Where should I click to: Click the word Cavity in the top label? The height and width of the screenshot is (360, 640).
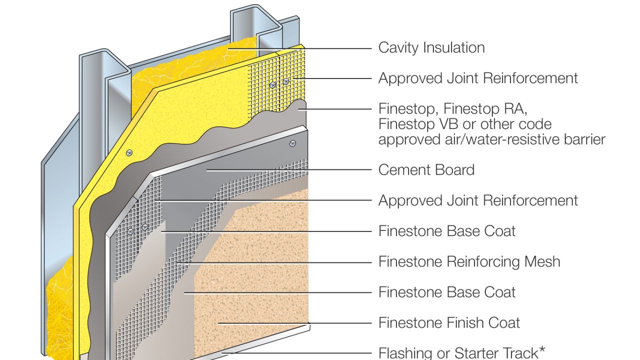(398, 48)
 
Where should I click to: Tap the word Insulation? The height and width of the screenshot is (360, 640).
(453, 48)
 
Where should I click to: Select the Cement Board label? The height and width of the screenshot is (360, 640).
(426, 170)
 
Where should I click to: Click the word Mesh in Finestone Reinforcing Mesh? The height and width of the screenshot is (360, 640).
(541, 261)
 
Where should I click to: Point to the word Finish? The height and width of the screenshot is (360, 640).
(457, 323)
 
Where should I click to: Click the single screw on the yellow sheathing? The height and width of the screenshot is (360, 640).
(129, 152)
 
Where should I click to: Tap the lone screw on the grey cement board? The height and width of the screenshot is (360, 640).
(292, 143)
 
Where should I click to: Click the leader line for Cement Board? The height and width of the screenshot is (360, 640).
(290, 170)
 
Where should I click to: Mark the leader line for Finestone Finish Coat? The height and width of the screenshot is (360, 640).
(295, 323)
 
